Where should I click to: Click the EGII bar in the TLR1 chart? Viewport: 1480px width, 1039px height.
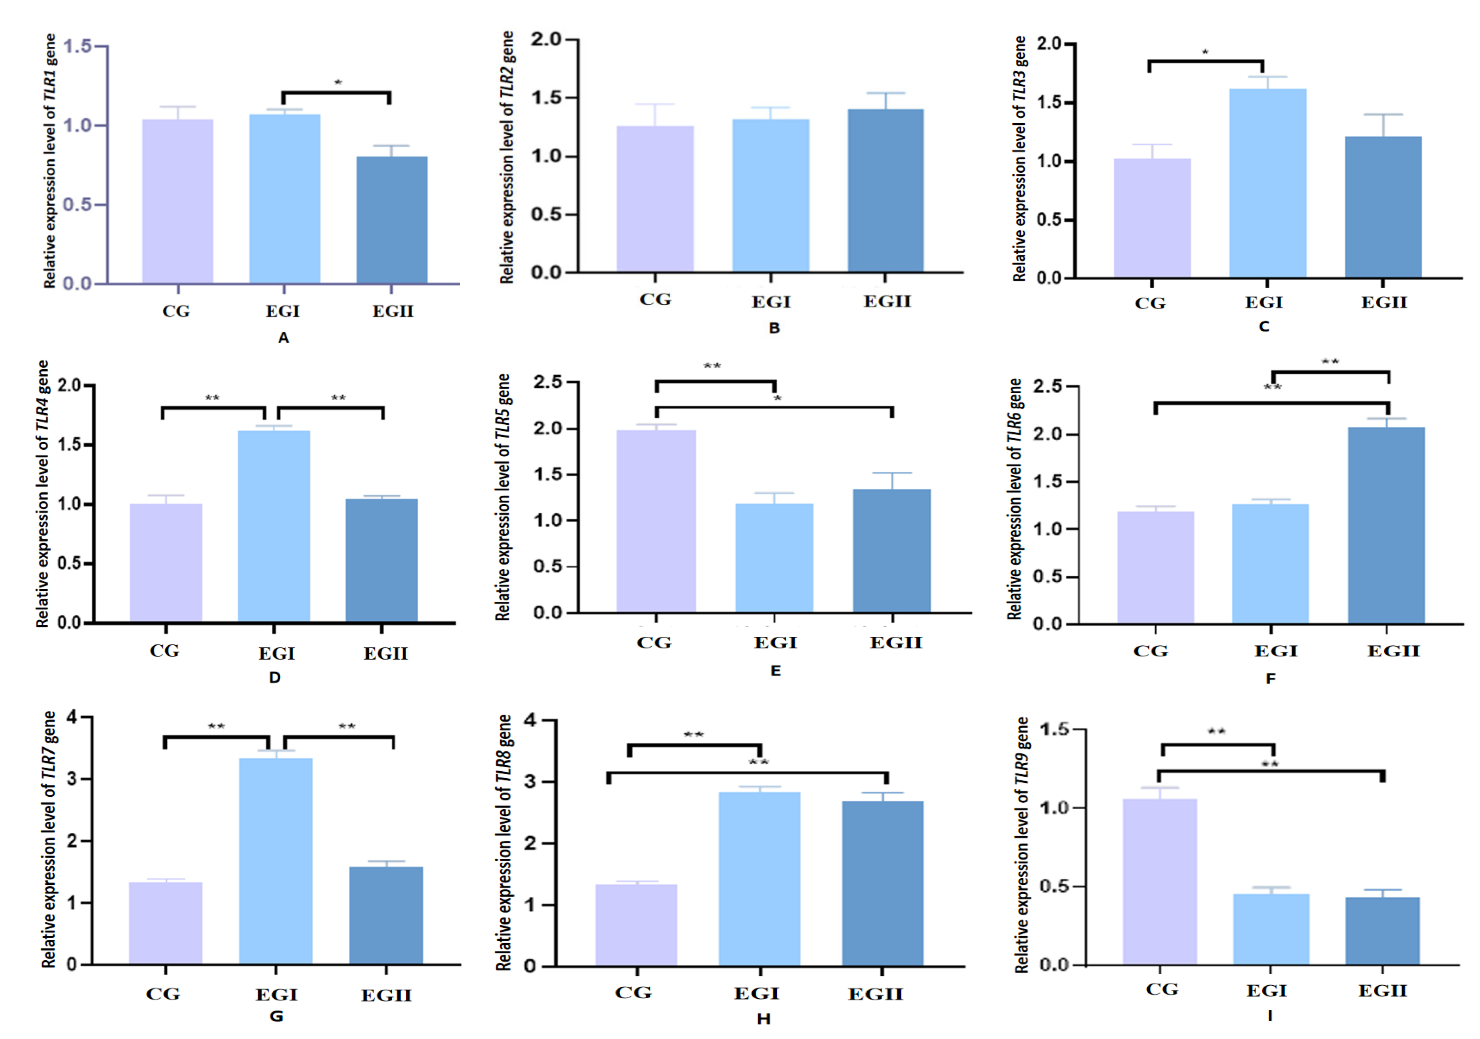(392, 220)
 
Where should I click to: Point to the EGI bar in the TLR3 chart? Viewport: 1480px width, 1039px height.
(1267, 184)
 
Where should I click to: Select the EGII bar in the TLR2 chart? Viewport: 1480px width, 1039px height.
(886, 191)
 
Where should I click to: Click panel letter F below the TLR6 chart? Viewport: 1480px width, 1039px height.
(1271, 679)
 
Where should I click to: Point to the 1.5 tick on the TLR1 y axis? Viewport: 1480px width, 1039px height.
(77, 46)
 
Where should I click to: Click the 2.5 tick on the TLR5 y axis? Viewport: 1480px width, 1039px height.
(547, 382)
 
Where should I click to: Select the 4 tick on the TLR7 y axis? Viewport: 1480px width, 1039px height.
(71, 718)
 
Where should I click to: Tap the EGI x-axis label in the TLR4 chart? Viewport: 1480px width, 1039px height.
(277, 654)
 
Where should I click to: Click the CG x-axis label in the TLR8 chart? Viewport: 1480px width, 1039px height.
(633, 993)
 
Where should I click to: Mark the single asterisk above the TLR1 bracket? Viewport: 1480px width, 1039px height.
(338, 82)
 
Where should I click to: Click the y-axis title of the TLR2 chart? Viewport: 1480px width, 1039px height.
(507, 157)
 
